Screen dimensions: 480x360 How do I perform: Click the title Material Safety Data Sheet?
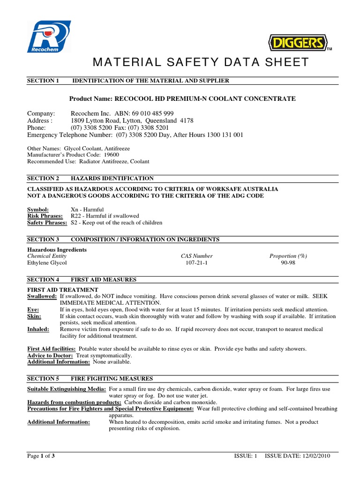[201, 62]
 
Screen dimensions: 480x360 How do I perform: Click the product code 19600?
[111, 155]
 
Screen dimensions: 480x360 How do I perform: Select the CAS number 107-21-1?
[196, 263]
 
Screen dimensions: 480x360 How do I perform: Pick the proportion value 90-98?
[288, 263]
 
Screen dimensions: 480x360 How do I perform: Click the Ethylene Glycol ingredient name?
[47, 263]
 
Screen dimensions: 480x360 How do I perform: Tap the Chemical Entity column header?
[47, 256]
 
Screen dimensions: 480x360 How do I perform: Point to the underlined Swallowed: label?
[42, 297]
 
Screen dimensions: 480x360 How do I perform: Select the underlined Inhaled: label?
[38, 330]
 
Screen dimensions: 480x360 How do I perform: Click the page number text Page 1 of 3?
[41, 456]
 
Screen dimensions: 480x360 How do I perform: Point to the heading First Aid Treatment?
[63, 290]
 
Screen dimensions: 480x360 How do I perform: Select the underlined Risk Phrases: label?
[45, 216]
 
